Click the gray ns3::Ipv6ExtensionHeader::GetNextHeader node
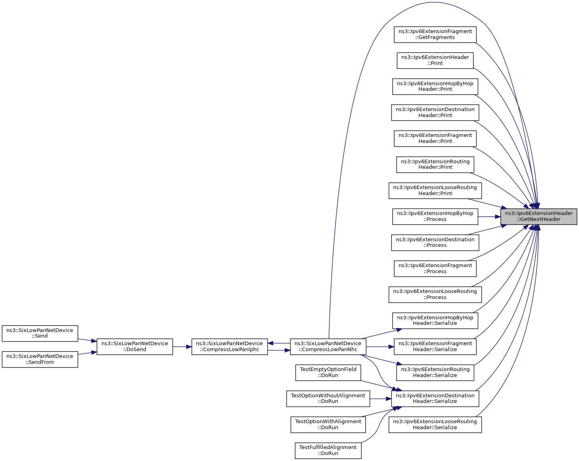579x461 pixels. [x=538, y=217]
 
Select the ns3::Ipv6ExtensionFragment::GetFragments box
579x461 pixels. [x=435, y=35]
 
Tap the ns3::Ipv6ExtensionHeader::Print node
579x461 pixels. [x=435, y=61]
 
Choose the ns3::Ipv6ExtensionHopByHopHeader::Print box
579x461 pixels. [x=435, y=86]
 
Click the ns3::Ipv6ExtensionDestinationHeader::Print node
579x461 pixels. [x=435, y=113]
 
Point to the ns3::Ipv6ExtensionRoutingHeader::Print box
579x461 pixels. [x=435, y=164]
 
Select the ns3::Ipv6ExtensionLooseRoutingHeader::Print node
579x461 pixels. [x=435, y=191]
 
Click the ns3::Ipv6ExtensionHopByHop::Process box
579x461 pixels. [x=435, y=217]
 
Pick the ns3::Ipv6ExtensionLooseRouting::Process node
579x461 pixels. [x=435, y=295]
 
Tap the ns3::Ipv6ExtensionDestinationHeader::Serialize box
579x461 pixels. [x=435, y=398]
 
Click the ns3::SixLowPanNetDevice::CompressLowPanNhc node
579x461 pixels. [x=328, y=347]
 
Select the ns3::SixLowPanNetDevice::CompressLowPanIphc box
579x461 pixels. [x=229, y=347]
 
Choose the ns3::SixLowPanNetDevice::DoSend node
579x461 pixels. [x=135, y=347]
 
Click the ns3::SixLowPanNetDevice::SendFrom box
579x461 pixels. [x=40, y=359]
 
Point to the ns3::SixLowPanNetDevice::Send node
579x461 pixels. [x=40, y=333]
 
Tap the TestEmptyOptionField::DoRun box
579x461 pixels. [x=328, y=373]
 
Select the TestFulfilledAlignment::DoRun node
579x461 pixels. [x=328, y=451]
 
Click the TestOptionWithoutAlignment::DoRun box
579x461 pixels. [x=328, y=398]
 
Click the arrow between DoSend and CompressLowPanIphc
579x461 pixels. [x=182, y=347]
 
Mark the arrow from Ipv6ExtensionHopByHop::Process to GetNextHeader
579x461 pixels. [x=489, y=217]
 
